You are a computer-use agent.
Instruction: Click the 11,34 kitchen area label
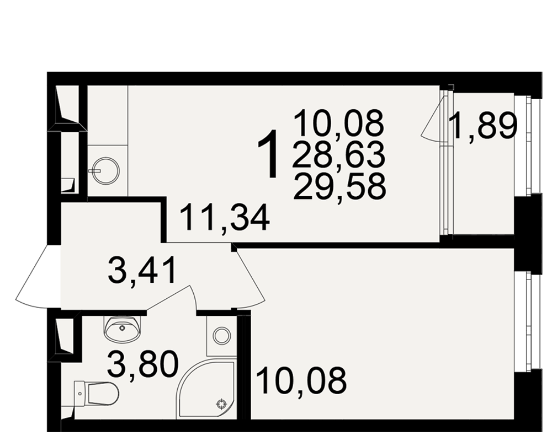coord(225,218)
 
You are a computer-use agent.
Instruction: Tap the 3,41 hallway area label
coord(142,270)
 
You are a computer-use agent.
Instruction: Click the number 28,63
coord(338,155)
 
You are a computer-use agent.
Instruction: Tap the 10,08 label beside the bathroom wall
coord(302,380)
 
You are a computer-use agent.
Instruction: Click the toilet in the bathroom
coord(97,394)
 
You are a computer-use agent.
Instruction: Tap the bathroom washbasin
coord(123,329)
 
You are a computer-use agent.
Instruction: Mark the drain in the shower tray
coord(221,404)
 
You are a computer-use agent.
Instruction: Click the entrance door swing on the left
coord(36,277)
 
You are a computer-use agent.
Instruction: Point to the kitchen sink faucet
coord(95,170)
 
